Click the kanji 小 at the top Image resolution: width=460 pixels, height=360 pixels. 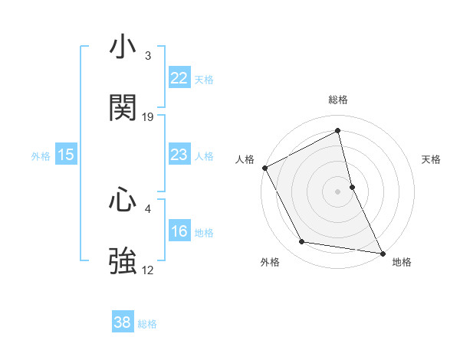[123, 47]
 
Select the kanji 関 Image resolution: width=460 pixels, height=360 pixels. [123, 109]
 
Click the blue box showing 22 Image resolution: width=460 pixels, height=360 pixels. [179, 78]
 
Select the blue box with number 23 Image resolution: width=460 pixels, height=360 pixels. [179, 155]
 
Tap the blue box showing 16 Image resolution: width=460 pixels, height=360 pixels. [179, 232]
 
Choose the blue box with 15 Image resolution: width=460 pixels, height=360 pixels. [66, 155]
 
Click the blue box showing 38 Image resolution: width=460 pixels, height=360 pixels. [123, 323]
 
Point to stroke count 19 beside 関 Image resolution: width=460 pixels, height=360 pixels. [148, 117]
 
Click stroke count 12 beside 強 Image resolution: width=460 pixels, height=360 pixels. [148, 270]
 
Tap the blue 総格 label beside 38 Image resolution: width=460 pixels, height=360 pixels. [147, 324]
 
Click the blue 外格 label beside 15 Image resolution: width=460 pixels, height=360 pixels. [41, 156]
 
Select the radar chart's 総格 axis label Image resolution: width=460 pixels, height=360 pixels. [338, 100]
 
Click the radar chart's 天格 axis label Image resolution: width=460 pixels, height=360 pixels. [432, 159]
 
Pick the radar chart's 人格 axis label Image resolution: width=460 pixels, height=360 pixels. [245, 159]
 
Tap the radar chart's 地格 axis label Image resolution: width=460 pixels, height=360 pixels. [402, 262]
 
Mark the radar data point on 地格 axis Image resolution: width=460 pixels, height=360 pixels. [382, 252]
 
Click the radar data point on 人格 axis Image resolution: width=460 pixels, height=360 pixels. [264, 167]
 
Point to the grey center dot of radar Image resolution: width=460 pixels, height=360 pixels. [338, 191]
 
